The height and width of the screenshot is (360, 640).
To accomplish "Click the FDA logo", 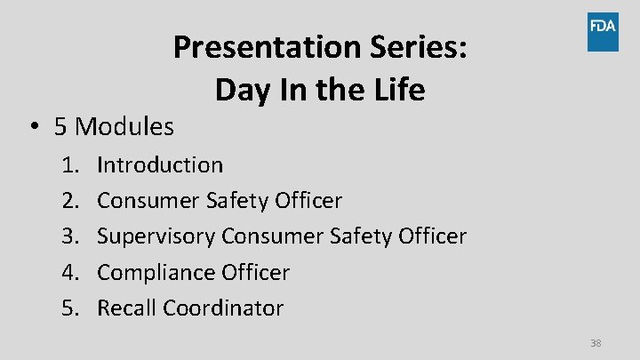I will coord(602,32).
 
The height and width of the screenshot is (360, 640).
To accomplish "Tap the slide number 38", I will coord(596,343).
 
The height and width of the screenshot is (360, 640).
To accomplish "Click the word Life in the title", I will coord(397,90).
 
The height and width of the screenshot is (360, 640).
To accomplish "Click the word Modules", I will coord(124,127).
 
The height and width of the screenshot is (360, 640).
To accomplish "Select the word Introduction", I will coord(160,164).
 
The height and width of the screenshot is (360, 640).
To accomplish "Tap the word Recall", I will coord(124,308).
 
